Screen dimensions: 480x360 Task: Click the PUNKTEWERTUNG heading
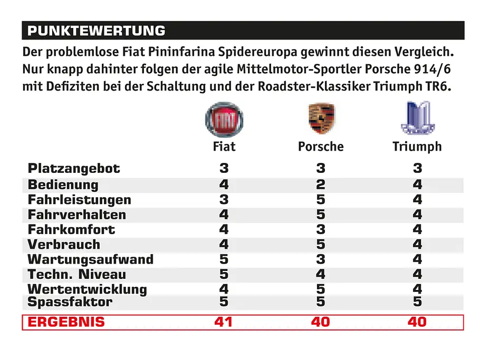point(97,31)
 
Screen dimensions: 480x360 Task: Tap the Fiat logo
point(224,120)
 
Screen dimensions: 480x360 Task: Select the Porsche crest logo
point(321,119)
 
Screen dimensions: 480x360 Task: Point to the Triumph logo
point(418,118)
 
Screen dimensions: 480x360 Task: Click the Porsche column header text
point(321,147)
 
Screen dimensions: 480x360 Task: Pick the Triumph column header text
point(417,147)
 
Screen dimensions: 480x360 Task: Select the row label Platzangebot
point(74,169)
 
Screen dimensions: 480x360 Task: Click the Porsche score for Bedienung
point(321,184)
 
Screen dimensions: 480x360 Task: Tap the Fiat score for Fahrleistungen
point(224,199)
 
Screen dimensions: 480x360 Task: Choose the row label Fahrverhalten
point(77,215)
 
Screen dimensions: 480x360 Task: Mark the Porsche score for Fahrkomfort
point(321,229)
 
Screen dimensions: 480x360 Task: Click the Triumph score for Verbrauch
point(417,245)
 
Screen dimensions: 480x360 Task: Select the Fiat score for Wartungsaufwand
point(224,259)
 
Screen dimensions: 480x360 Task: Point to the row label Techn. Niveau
point(77,274)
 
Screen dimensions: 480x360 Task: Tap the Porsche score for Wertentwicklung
point(321,289)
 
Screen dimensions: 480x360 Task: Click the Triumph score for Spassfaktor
point(417,302)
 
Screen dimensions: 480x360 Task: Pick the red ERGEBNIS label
point(66,322)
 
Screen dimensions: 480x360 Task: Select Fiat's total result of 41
point(224,322)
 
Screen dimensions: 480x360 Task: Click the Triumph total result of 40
point(417,322)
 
